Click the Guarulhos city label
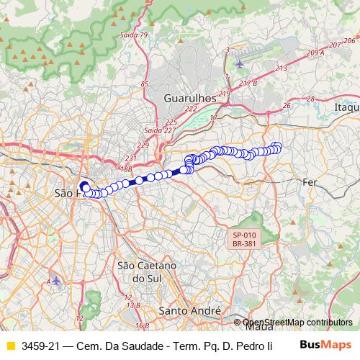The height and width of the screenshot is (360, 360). point(190,96)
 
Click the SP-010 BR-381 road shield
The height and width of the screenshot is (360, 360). point(244,239)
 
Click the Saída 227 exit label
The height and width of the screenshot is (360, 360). point(158,130)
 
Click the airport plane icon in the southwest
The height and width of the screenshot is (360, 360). point(56,280)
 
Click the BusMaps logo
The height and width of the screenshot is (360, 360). point(325,345)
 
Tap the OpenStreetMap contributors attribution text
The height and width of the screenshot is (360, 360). point(297,323)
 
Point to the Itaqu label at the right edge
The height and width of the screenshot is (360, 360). point(346,107)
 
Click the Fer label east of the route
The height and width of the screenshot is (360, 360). point(310,182)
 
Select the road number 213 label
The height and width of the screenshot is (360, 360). point(281,68)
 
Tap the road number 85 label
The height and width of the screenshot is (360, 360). point(145,84)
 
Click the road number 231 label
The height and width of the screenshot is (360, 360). point(130,158)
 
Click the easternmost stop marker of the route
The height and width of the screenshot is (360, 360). point(278,148)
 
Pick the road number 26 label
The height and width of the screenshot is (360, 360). point(287,106)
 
